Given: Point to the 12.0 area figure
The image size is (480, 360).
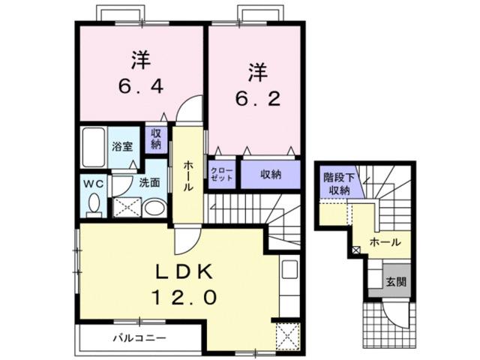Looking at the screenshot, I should click(186, 298).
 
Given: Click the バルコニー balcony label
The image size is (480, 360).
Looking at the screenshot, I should click(139, 337).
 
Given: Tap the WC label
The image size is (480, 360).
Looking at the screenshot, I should click(93, 181).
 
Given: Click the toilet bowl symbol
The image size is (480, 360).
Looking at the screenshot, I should click(94, 204).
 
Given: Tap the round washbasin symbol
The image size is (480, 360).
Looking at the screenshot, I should click(153, 207).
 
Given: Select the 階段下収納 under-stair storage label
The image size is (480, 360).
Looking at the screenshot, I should click(337, 184).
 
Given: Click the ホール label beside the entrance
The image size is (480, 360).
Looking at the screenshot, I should click(385, 243).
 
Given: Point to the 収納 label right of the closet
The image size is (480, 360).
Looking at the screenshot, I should click(271, 174).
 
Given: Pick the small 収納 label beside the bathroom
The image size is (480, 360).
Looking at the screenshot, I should click(157, 139).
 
